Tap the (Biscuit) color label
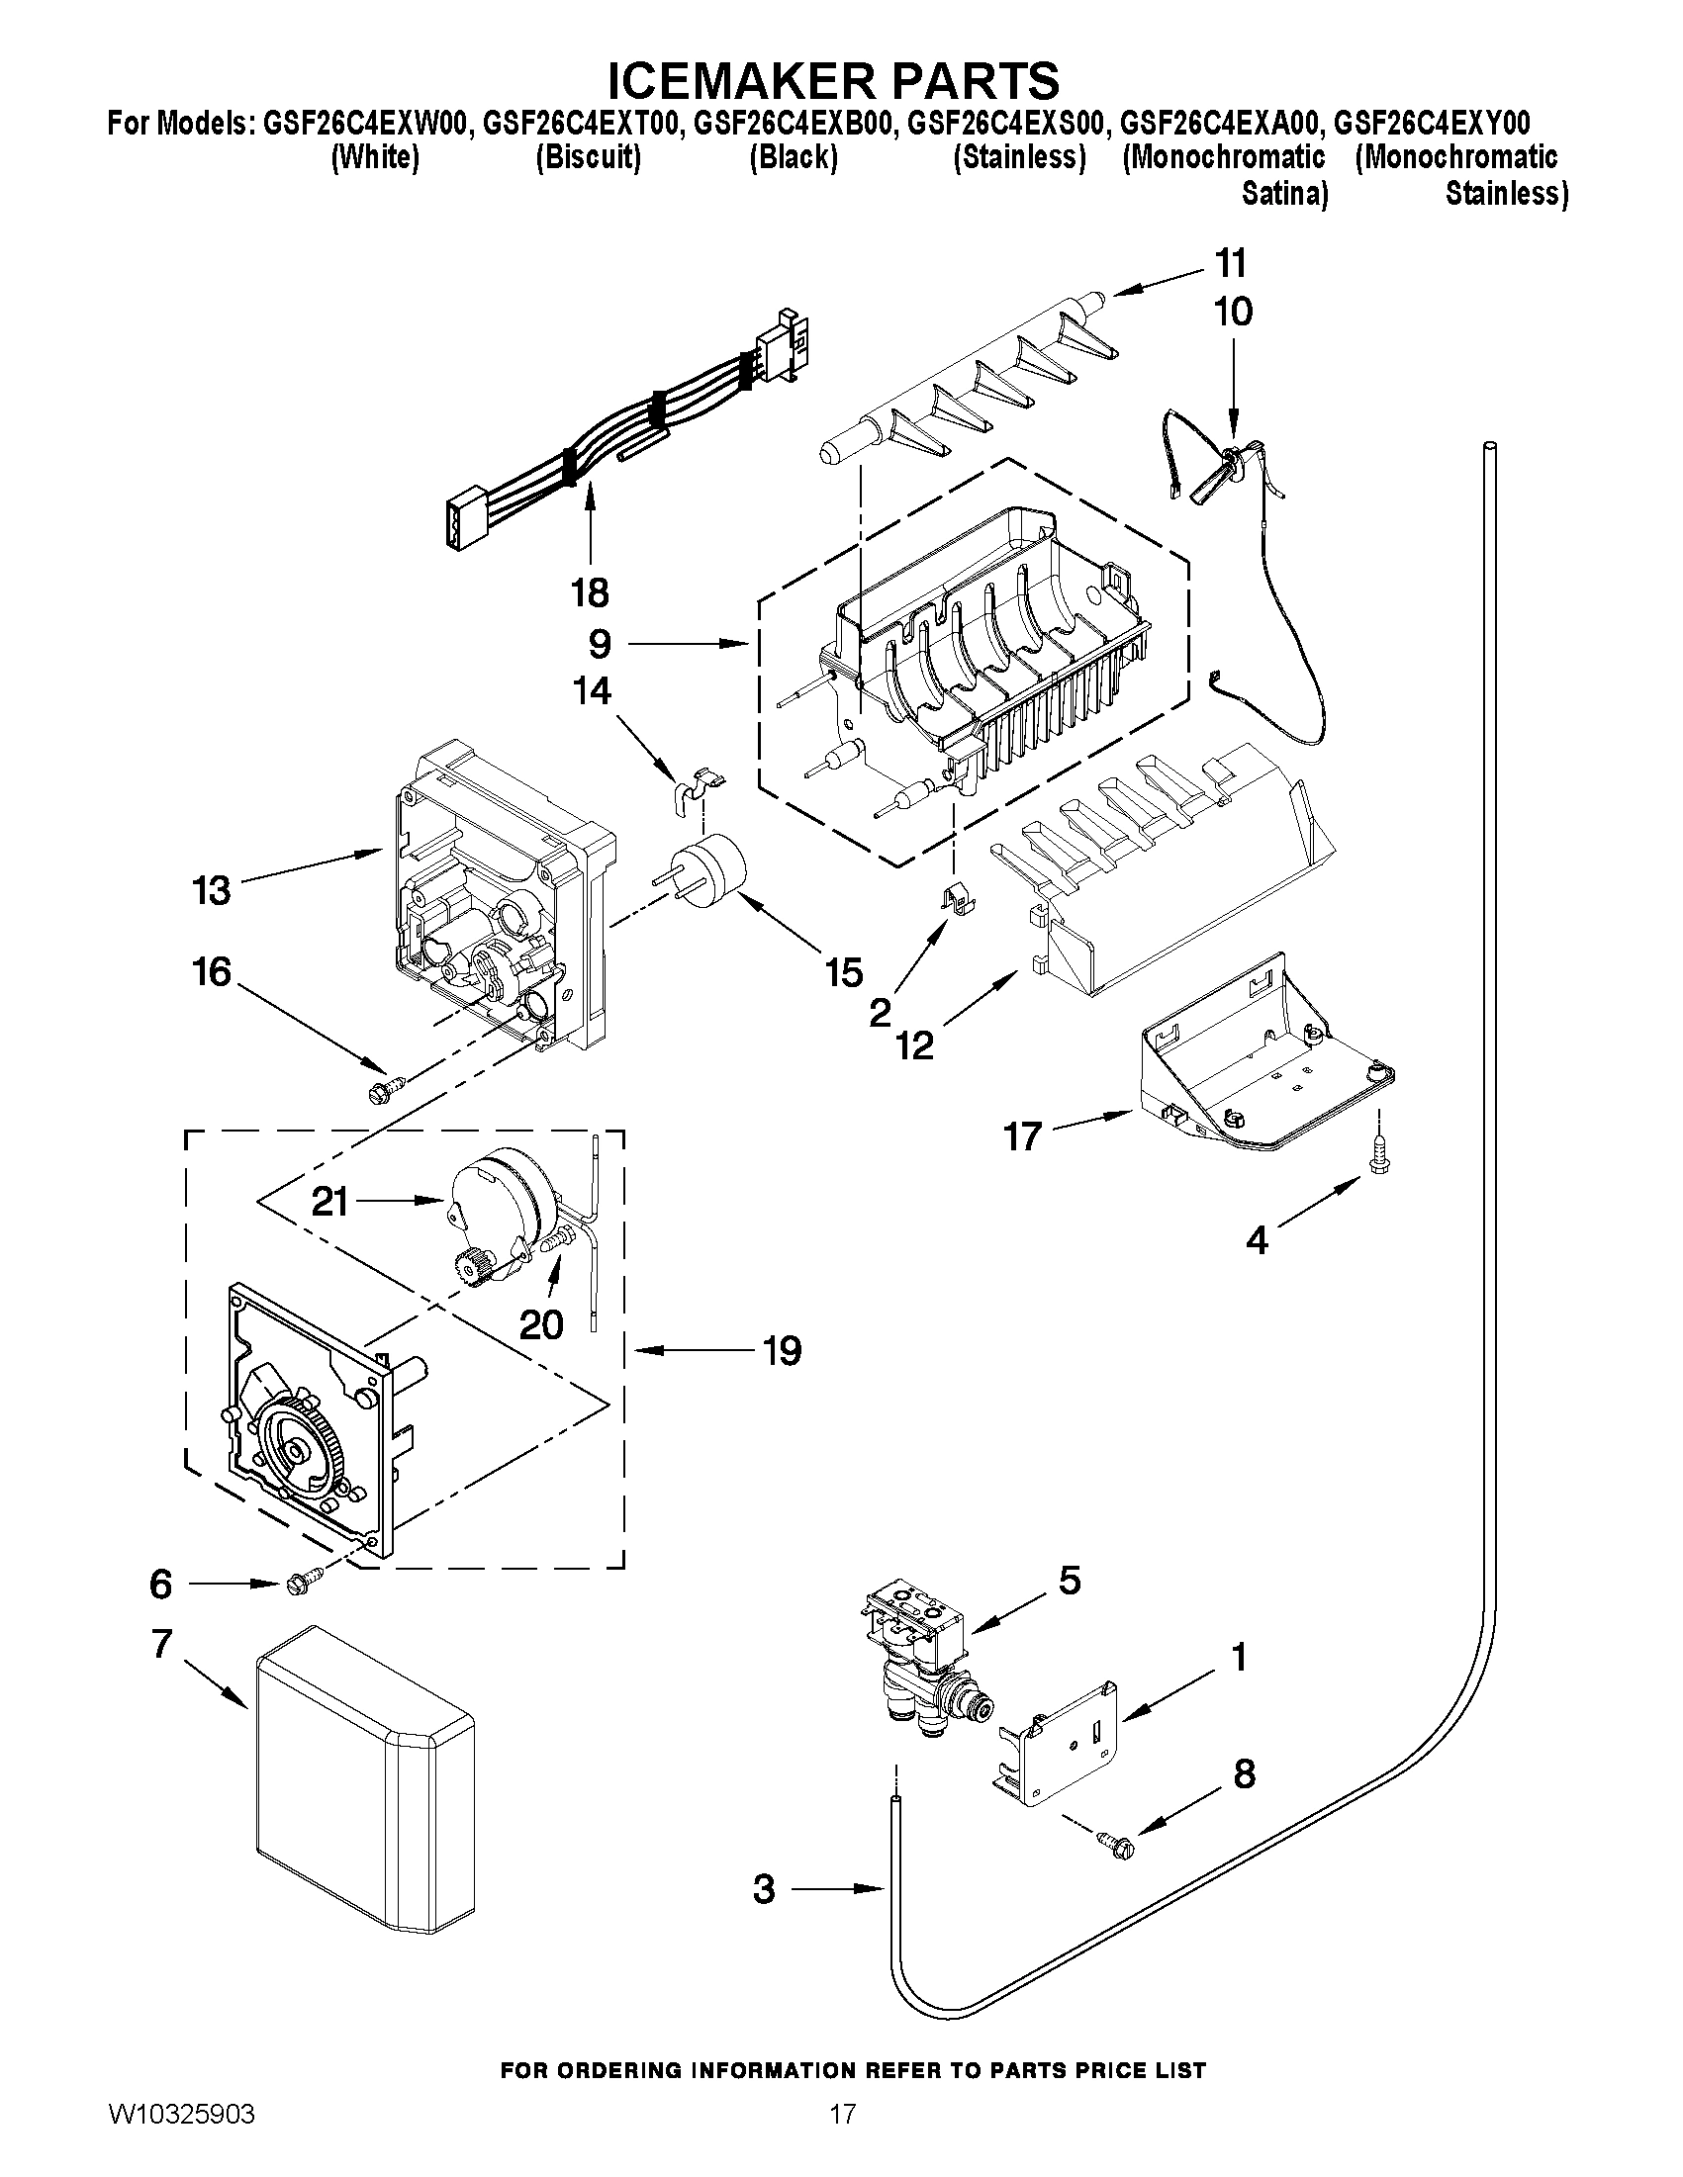pos(588,157)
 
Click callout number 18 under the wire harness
pos(590,593)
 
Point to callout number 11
pos(1232,264)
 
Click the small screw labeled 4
pos(1380,1157)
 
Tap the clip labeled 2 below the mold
pos(958,898)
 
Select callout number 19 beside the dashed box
pos(782,1351)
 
